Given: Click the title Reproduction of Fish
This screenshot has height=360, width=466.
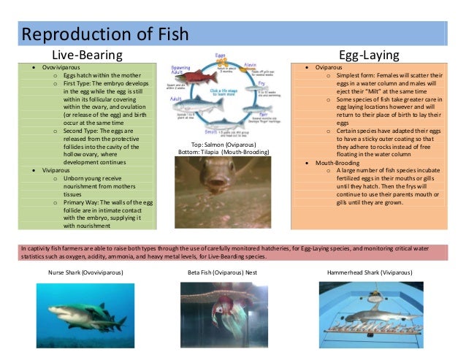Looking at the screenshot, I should point(105,34).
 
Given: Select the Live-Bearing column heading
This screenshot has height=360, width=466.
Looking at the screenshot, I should point(86,55).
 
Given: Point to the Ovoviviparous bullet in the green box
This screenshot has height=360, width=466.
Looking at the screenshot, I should point(60,67).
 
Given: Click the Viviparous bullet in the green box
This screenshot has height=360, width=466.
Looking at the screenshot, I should point(55,169).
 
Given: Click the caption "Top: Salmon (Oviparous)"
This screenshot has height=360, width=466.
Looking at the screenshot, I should point(224,145).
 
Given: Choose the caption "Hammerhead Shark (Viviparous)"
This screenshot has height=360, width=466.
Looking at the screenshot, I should point(369,272).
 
